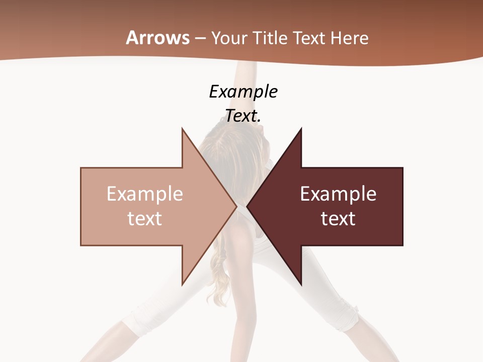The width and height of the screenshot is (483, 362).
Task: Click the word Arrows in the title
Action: (157, 38)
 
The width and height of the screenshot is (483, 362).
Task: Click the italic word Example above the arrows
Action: (243, 92)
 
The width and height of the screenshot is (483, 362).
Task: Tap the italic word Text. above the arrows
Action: (243, 116)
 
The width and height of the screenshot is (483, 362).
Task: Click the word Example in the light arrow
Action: (145, 194)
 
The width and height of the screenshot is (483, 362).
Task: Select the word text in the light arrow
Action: (145, 219)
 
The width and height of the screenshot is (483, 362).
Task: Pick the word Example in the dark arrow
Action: (338, 194)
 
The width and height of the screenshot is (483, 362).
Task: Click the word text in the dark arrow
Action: (338, 219)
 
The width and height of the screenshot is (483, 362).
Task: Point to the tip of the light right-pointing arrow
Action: (236, 206)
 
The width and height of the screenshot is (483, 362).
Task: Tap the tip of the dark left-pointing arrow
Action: (247, 206)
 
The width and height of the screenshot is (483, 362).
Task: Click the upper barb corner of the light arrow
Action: (182, 128)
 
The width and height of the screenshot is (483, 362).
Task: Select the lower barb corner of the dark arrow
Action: (301, 285)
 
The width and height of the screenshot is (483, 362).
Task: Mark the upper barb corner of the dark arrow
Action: (301, 128)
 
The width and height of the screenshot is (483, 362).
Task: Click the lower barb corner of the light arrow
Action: (182, 285)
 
